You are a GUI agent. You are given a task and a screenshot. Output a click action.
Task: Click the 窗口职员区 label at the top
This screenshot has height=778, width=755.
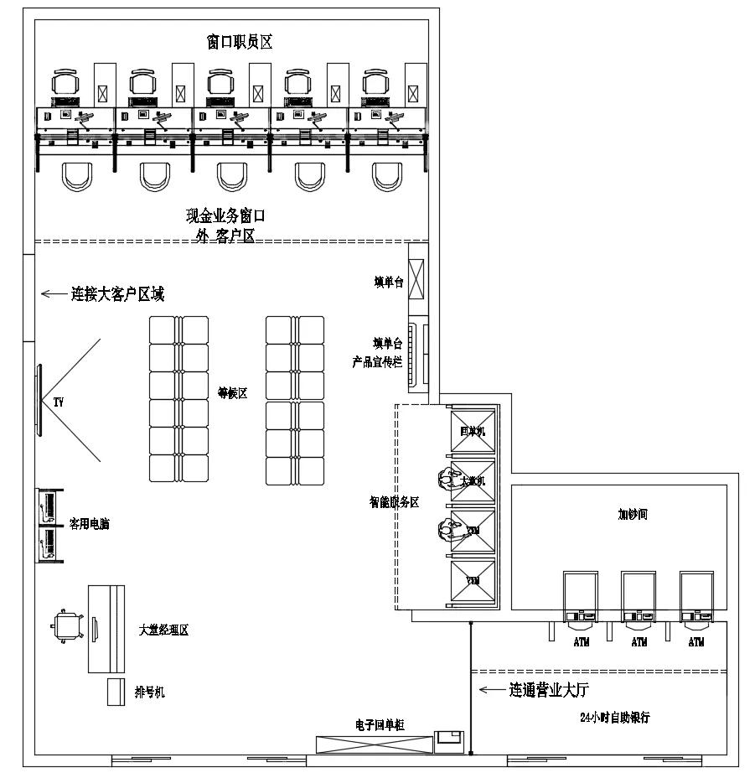coord(240,41)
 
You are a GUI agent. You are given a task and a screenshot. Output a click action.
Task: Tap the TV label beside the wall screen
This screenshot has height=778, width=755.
coord(58,403)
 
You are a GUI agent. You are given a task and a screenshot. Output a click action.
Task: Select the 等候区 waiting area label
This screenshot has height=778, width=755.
coord(232,393)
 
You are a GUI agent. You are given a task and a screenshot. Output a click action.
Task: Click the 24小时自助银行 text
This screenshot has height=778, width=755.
coord(615,718)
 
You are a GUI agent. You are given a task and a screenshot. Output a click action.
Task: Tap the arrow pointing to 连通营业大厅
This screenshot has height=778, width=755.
coord(490,690)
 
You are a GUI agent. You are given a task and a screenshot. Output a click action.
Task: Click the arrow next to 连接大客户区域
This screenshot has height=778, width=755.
coord(54,293)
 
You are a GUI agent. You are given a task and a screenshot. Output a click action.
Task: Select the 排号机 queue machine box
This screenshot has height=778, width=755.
coord(116,692)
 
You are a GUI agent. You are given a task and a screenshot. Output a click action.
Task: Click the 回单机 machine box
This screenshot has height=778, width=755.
coord(473,431)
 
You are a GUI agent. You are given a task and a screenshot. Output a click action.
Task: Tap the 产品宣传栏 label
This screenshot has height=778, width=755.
coord(377,362)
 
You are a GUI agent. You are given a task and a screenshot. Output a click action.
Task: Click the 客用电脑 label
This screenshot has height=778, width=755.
coord(89,525)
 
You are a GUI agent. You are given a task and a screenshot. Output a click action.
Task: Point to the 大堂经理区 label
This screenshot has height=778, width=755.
coord(163,630)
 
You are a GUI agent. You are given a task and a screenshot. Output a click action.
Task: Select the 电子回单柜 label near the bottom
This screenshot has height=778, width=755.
coord(380,724)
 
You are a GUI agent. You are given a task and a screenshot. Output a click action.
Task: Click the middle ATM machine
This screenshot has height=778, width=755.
coord(639,599)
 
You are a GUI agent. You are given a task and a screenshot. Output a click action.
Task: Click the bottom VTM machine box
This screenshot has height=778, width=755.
coord(473,580)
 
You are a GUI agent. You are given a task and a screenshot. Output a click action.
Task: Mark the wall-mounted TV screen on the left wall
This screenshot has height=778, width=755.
coord(38,399)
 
